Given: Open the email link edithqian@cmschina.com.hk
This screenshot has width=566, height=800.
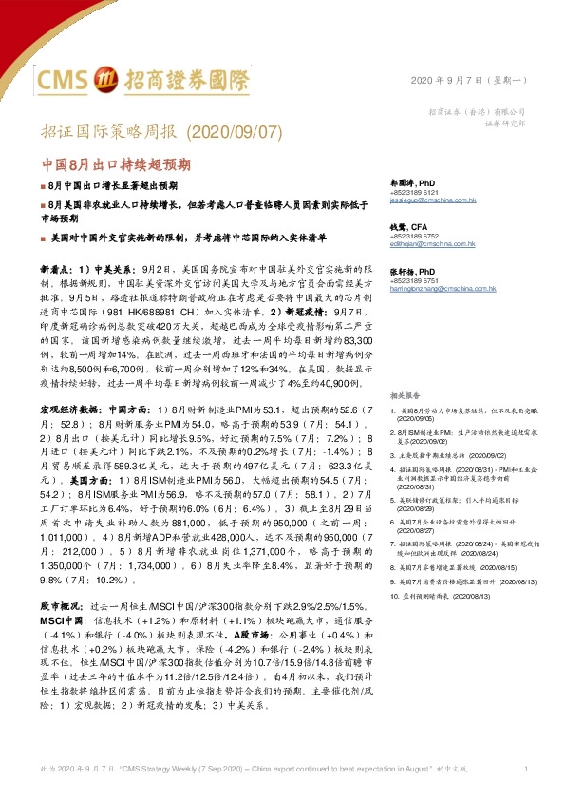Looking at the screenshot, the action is [x=430, y=243].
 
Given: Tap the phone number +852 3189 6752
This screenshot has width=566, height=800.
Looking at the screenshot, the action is [x=414, y=236].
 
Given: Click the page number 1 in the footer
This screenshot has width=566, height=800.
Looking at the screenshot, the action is [x=525, y=768].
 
